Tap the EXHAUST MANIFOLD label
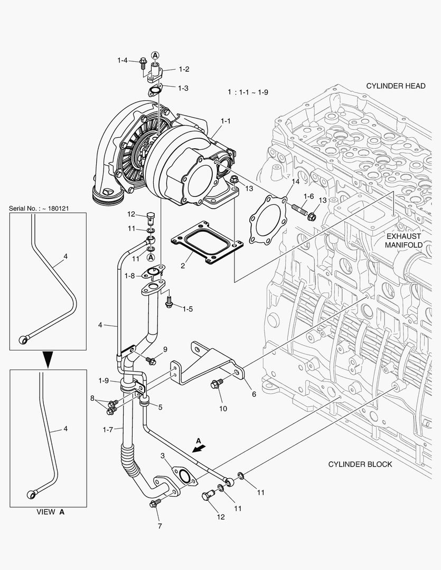pos(403,241)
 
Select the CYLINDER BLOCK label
pos(360,464)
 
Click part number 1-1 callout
pos(226,121)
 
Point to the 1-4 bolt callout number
pos(123,61)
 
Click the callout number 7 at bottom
pos(159,526)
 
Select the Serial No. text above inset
pos(40,208)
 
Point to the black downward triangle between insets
pos(48,359)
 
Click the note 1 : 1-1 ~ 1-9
pos(248,92)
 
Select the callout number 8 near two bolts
pos(92,398)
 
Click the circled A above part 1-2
pos(155,54)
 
